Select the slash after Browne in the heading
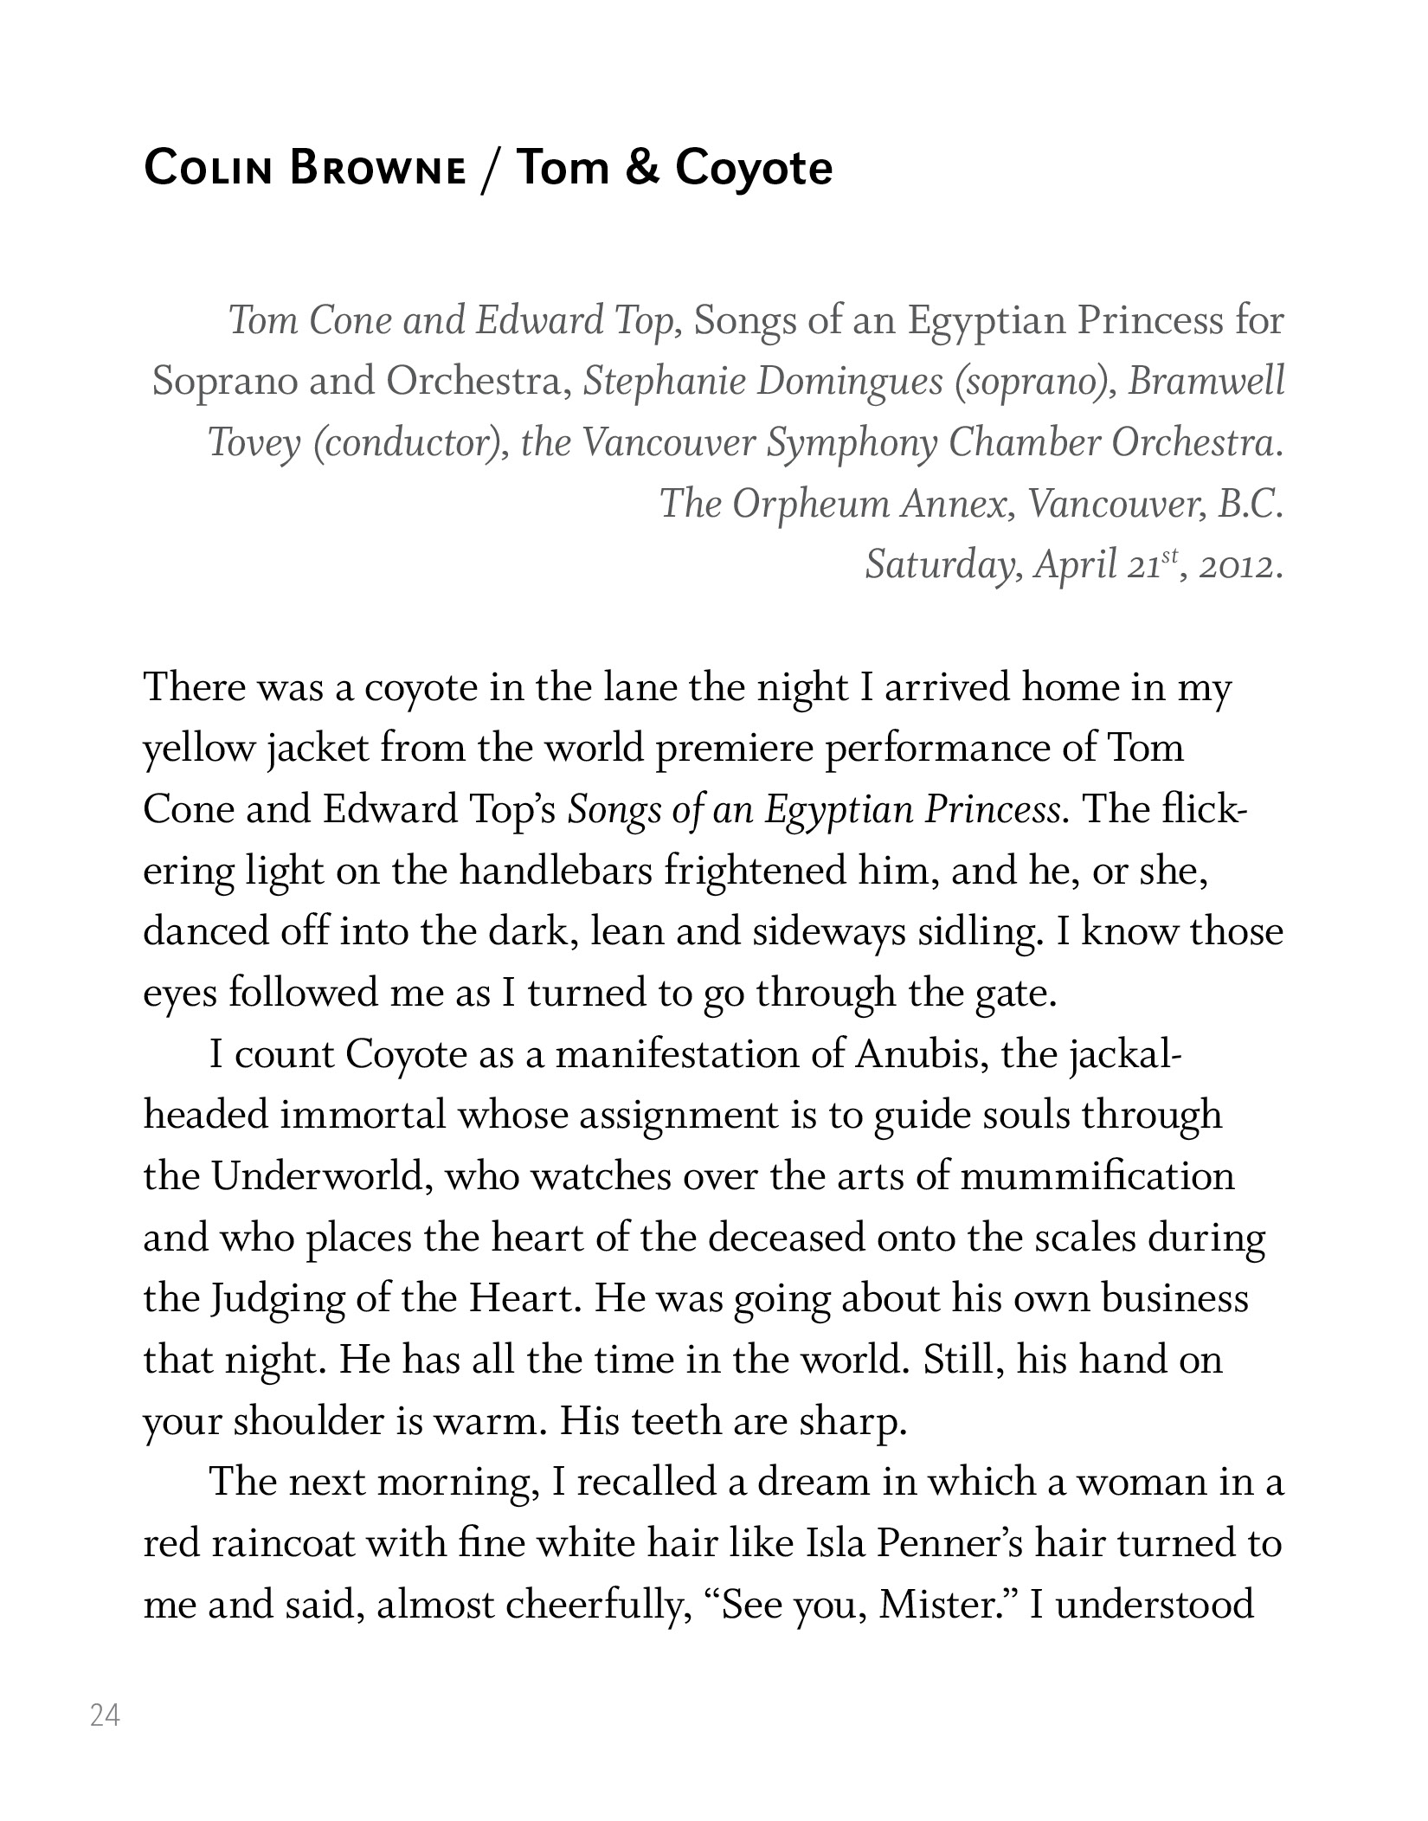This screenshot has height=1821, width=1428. coord(491,169)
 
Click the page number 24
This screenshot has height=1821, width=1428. coord(105,1715)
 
